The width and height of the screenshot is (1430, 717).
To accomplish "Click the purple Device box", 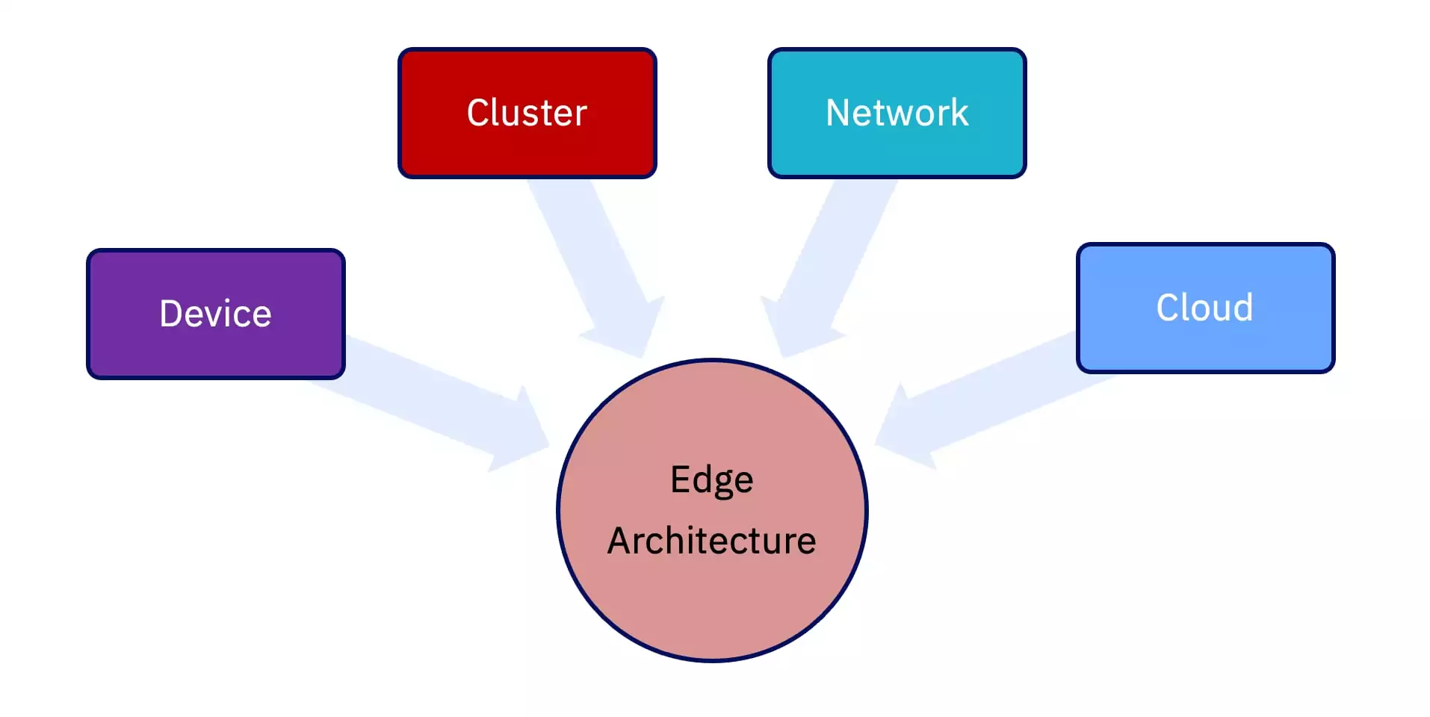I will point(215,351).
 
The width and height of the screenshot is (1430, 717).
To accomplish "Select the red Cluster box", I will point(527,149).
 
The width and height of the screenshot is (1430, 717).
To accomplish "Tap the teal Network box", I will point(897,149).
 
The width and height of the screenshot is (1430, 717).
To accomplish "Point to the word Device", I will point(215,314).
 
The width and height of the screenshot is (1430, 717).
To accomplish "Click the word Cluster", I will point(527,113).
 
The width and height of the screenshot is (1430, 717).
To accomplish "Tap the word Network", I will point(897,113).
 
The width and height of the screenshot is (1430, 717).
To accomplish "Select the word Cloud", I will point(1204,308).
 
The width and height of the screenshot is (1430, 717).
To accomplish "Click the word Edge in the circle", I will point(711,479).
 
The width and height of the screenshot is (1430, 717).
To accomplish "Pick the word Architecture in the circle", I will point(711,541).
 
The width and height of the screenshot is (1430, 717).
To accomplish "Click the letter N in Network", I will point(838,113).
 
